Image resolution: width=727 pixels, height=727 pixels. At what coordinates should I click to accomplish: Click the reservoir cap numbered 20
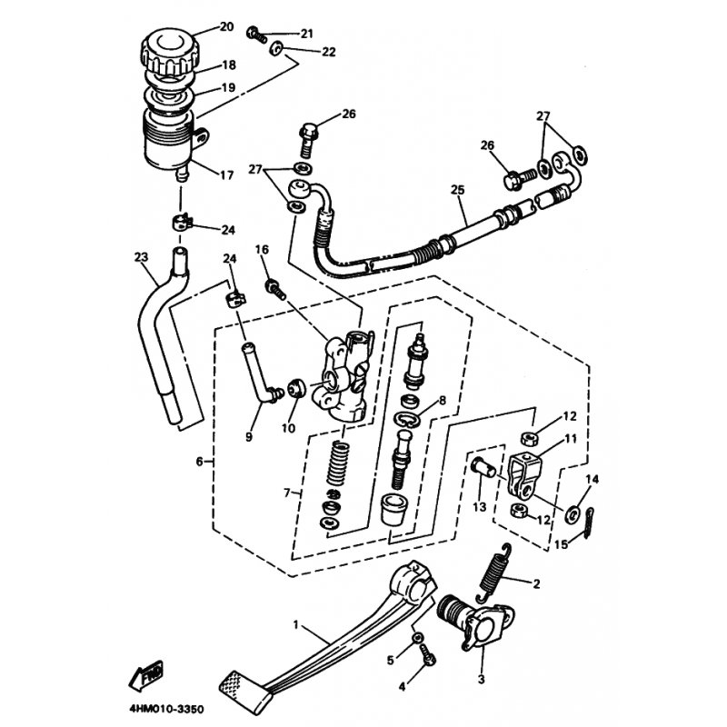(166, 48)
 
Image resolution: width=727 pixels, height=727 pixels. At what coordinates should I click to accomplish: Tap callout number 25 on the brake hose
(457, 191)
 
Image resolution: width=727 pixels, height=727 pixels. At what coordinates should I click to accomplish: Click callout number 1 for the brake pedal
(295, 626)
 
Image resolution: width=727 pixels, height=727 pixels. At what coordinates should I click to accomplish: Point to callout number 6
(199, 462)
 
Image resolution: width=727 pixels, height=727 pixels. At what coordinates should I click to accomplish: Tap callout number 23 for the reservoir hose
(140, 257)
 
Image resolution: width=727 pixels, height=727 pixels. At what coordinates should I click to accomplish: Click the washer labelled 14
(574, 513)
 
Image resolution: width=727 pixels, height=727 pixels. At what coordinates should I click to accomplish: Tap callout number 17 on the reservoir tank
(227, 174)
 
